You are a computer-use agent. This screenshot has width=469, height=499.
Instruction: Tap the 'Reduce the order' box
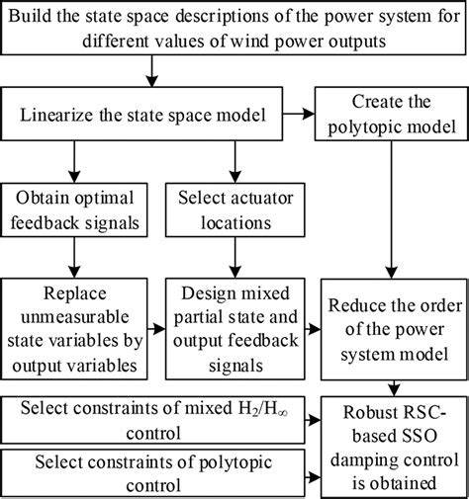pos(393,329)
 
